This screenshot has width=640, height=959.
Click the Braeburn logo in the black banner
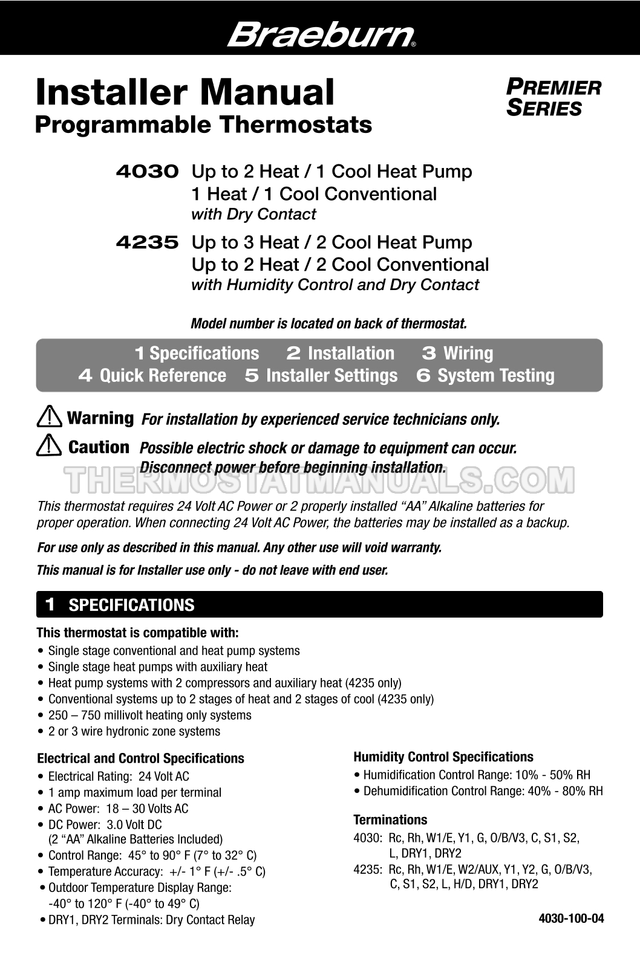click(321, 34)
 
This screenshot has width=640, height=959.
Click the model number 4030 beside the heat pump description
click(147, 172)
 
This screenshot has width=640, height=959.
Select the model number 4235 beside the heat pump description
click(147, 242)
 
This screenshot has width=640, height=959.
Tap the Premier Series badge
click(553, 98)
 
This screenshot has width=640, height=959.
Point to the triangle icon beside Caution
click(48, 447)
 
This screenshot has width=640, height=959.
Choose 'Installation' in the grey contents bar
click(350, 353)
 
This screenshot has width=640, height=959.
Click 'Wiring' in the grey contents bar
click(468, 353)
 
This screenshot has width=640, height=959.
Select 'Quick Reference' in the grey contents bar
click(162, 375)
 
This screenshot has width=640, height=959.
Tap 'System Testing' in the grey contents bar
click(495, 375)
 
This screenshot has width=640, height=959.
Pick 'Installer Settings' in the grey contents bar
click(331, 375)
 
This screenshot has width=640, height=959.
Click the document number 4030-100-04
click(571, 919)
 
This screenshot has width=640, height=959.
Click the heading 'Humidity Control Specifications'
click(443, 757)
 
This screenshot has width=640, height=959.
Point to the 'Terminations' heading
click(390, 819)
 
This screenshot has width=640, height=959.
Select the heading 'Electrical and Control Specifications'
click(140, 758)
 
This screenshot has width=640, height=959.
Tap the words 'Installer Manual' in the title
click(184, 92)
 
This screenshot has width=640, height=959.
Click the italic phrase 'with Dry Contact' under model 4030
click(253, 215)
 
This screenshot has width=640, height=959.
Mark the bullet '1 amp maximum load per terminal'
click(134, 792)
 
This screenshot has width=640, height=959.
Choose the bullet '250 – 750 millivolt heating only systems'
click(149, 715)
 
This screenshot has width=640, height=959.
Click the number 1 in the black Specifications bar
click(51, 604)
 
